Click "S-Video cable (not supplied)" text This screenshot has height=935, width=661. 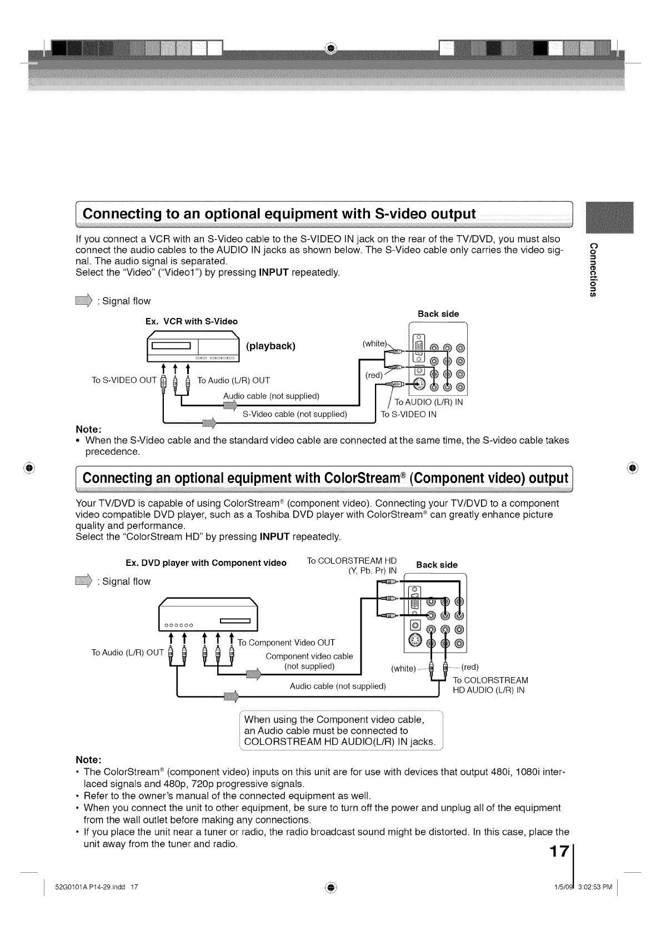coord(295,414)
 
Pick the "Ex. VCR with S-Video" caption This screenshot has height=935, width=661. coord(191,321)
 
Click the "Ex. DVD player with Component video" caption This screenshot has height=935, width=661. coord(206,563)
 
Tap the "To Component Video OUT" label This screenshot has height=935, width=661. coord(286,643)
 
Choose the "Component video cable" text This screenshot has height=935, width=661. coord(309,656)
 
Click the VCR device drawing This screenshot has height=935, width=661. coord(192,346)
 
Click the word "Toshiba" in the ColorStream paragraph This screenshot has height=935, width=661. coord(272,515)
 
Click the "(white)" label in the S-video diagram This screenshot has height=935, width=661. coord(374,344)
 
